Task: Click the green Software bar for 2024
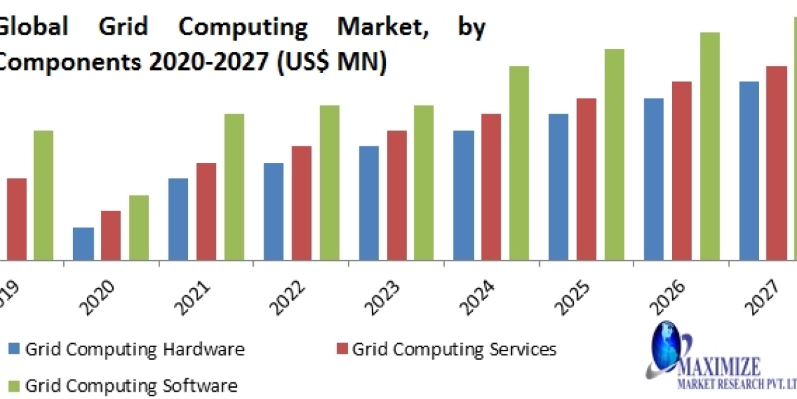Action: click(519, 163)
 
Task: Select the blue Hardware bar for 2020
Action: click(83, 243)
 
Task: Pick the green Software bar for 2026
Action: click(709, 146)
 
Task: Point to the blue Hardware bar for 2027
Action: click(749, 170)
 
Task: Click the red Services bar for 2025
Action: click(586, 179)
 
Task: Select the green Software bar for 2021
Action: click(234, 187)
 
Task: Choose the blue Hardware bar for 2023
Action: click(369, 203)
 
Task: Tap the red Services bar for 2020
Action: click(111, 235)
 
